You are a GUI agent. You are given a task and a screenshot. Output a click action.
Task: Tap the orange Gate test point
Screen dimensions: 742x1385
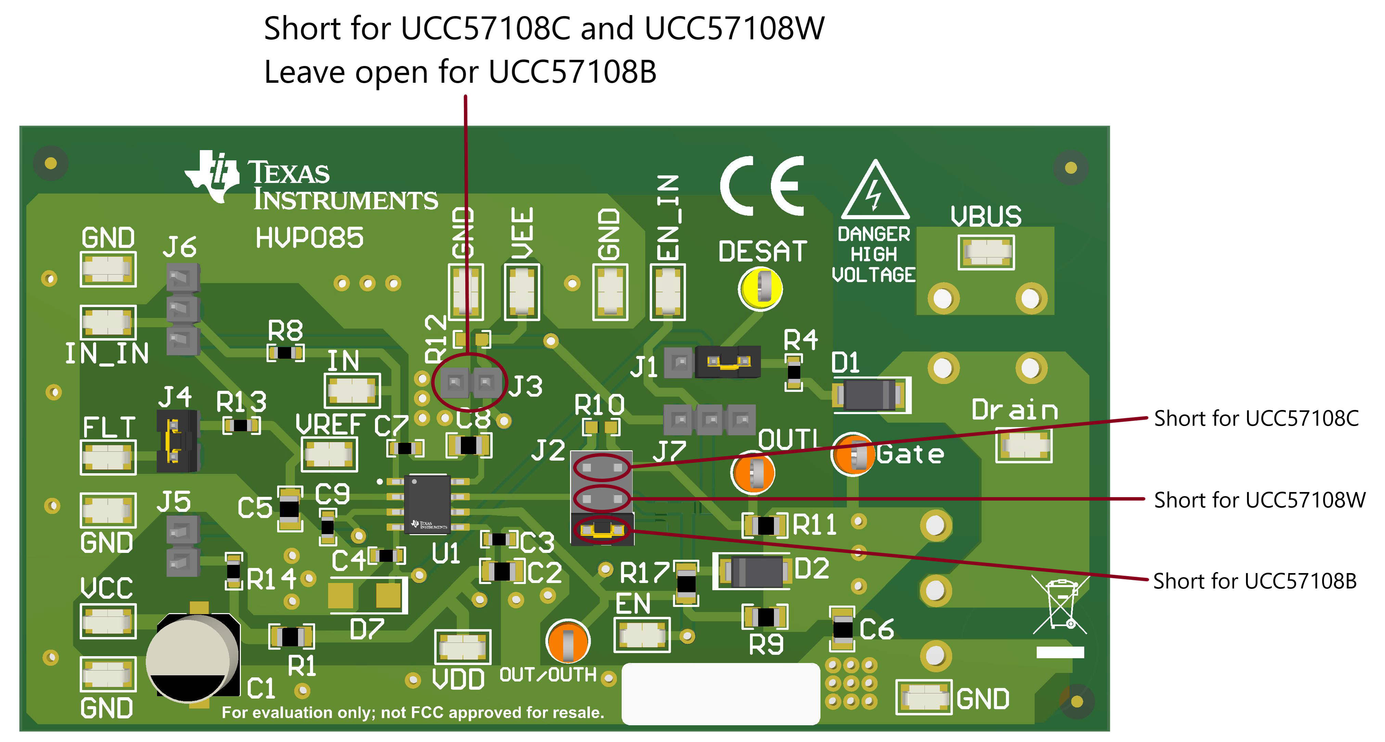pos(853,454)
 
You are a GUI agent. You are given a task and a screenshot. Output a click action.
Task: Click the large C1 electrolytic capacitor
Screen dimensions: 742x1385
pos(193,658)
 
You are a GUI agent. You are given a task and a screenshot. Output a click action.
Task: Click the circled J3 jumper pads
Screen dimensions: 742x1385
pos(469,382)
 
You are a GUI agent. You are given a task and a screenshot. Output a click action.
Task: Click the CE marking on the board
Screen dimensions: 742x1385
pos(762,186)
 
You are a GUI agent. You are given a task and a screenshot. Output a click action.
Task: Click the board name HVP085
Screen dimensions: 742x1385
pos(309,238)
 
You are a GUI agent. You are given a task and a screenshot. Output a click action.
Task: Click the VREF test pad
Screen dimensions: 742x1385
pos(329,454)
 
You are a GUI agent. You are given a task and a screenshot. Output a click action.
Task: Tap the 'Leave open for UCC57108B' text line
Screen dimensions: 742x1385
pos(460,72)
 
